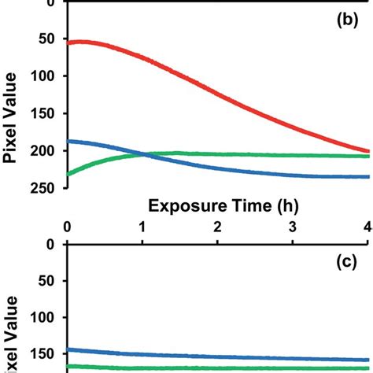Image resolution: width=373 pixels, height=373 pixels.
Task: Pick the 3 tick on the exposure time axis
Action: tap(293, 227)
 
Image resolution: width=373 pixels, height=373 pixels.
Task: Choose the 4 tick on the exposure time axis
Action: tap(366, 227)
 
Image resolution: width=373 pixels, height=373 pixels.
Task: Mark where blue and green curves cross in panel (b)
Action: tap(148, 154)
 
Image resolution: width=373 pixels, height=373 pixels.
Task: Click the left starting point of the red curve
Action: tap(69, 42)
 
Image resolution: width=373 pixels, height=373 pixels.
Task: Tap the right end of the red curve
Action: tap(367, 151)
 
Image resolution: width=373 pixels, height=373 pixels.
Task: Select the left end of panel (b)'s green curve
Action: tap(69, 174)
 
